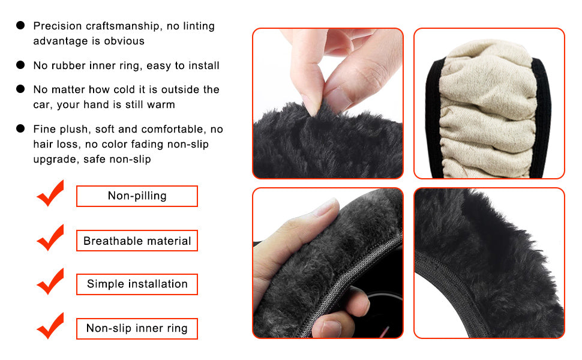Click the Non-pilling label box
[x=137, y=196]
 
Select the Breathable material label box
[x=137, y=241]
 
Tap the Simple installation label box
[x=137, y=284]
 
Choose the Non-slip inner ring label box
[x=137, y=328]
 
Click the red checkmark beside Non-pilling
[x=51, y=193]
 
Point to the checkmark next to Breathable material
[x=51, y=238]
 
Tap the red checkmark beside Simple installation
[x=51, y=281]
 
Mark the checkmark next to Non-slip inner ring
[x=51, y=326]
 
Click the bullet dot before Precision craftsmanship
[x=20, y=25]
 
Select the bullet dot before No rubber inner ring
[x=20, y=65]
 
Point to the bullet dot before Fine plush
[x=20, y=128]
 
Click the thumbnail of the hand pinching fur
[x=328, y=103]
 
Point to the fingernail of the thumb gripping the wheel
[x=328, y=207]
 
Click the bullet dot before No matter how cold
[x=20, y=89]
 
